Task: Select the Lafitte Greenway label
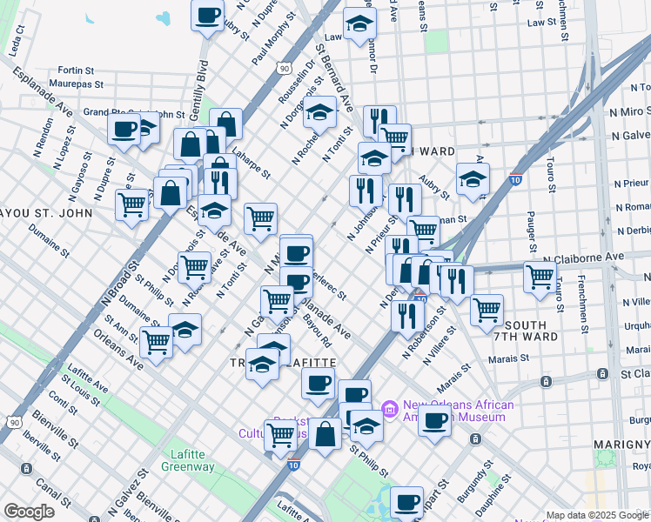pos(187,460)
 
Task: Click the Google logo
pos(30,512)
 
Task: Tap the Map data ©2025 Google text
pos(596,515)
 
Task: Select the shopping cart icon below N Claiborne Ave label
pos(540,277)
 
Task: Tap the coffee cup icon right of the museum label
pos(435,420)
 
